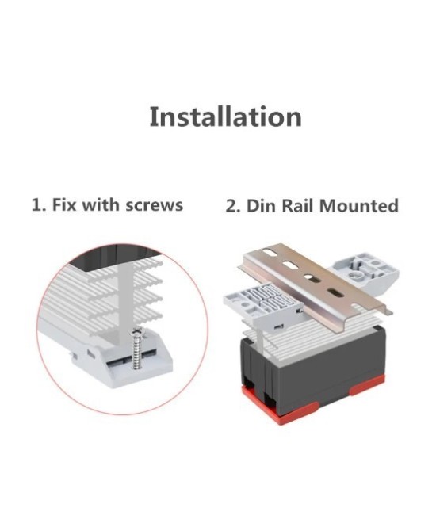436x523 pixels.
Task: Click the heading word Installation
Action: pos(225,116)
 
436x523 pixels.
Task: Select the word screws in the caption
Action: pos(154,205)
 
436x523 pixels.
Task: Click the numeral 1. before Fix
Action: pos(40,204)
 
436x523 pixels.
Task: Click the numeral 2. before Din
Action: pos(233,206)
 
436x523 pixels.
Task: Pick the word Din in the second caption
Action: pos(261,205)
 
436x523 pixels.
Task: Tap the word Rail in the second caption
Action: pos(298,205)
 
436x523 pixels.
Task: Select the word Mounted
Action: pos(359,206)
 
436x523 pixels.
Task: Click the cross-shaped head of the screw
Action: pos(137,332)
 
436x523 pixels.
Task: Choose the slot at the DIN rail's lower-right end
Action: pos(334,292)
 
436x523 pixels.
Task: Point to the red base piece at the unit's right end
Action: pos(367,385)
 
